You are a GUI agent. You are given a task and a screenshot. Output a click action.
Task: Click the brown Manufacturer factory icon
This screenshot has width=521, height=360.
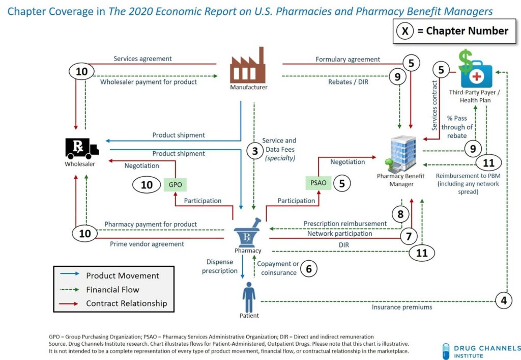(248, 65)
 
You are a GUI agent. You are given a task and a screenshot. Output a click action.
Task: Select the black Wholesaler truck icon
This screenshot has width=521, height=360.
(82, 148)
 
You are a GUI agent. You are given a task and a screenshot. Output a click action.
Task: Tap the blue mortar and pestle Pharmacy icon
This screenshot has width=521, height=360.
(248, 233)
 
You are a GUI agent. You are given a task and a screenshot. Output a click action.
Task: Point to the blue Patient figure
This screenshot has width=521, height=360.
(249, 297)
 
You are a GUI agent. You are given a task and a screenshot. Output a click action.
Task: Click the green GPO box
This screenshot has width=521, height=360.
(175, 184)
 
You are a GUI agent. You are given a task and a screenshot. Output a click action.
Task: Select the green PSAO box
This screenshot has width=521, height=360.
(319, 183)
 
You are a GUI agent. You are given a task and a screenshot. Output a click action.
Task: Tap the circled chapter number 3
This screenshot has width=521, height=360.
(255, 151)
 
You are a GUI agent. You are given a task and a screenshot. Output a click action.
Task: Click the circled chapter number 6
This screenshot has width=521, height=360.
(309, 268)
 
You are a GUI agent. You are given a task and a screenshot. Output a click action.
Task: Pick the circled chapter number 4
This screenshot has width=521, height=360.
(504, 300)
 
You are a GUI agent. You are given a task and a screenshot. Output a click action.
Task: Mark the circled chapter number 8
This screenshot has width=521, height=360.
(400, 214)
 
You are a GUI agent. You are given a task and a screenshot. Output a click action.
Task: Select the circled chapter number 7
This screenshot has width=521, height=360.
(409, 236)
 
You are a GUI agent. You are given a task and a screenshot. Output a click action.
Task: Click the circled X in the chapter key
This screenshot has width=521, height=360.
(404, 31)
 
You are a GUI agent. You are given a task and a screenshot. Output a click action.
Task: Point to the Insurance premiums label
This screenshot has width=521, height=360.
(402, 307)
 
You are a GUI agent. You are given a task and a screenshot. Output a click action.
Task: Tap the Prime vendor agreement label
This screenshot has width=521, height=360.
(147, 244)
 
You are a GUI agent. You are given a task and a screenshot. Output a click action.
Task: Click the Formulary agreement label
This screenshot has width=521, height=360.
(348, 59)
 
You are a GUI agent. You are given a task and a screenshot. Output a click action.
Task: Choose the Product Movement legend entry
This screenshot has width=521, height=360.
(110, 275)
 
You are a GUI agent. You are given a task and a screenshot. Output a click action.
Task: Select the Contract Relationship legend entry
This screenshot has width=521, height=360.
(113, 303)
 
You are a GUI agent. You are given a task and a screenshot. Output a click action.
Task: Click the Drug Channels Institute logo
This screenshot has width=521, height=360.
(482, 351)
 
